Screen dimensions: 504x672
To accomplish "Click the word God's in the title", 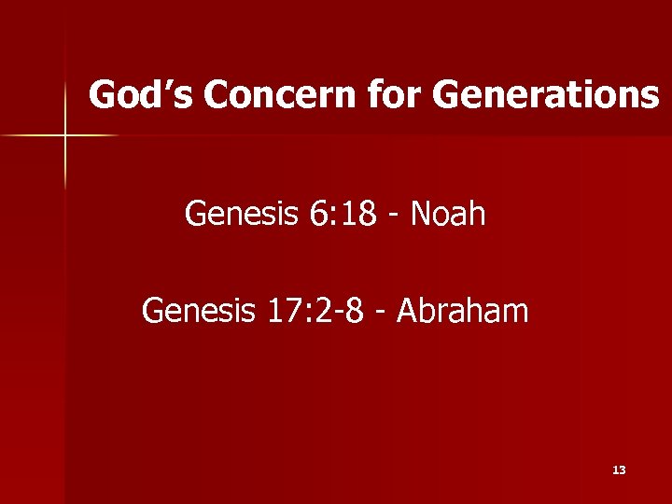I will click(x=140, y=95).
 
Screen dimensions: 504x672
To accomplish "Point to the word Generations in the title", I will click(x=547, y=95).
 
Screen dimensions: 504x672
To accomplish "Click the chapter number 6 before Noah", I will click(x=314, y=215).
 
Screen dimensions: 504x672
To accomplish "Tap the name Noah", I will click(x=448, y=215).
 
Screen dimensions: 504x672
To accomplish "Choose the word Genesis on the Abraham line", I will click(x=197, y=310).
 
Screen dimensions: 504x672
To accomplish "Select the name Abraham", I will click(x=463, y=310).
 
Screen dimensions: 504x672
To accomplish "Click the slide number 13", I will click(x=619, y=470).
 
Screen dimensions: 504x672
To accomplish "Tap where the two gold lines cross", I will click(x=64, y=136).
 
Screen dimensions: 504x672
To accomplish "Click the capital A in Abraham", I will click(x=408, y=310).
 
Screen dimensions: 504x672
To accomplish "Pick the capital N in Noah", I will click(x=422, y=215).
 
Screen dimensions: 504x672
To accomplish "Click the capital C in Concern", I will click(x=217, y=95).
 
